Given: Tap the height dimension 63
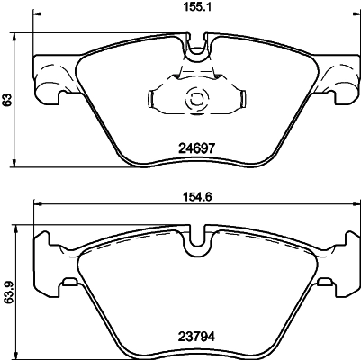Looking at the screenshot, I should click(x=8, y=102).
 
